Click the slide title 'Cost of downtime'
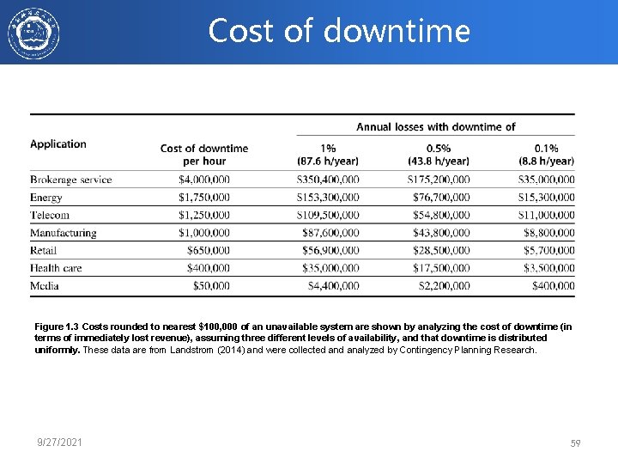pos(339,31)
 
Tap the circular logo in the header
pos(33,34)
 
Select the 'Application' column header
pos(58,144)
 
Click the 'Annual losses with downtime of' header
pos(436,127)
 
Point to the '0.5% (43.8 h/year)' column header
pos(439,155)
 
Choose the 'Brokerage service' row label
pos(71,180)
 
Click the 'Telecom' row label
pos(50,215)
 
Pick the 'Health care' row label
pos(56,268)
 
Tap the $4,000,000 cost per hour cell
pos(204,180)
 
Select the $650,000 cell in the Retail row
pos(209,250)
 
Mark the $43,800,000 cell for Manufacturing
pos(442,233)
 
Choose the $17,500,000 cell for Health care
pos(442,268)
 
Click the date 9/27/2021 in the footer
pos(61,442)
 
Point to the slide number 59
pos(576,443)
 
